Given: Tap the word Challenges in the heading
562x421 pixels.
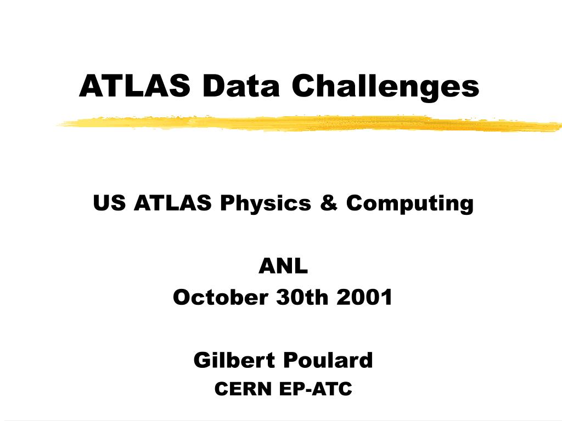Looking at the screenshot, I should click(x=385, y=87).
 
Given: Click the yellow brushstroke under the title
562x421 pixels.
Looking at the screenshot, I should click(x=307, y=124).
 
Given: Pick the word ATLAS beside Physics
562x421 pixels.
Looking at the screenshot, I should click(x=173, y=203).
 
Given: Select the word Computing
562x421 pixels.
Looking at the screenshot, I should click(x=409, y=204).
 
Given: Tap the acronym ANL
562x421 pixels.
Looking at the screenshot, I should click(x=283, y=268).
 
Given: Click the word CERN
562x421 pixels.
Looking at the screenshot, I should click(x=243, y=389).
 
